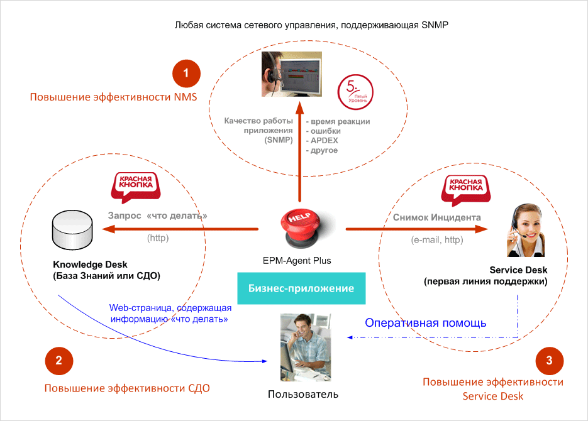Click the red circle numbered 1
pos(186,74)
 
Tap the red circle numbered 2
pos(58,360)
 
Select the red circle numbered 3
pos(549,360)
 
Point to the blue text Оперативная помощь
pos(426,323)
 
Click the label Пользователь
pos(302,395)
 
